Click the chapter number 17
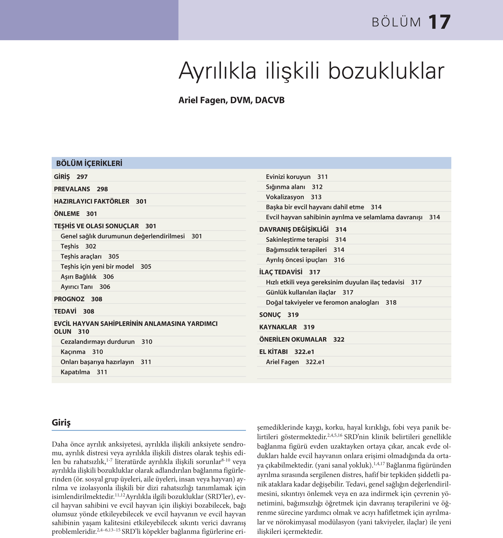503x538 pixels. tap(439, 22)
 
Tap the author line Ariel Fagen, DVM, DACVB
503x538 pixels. tap(232, 100)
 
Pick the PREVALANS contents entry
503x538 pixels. tap(72, 189)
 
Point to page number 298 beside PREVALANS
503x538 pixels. tap(102, 189)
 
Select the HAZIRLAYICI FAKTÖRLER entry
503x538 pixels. tap(91, 201)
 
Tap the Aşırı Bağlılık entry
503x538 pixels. tap(78, 277)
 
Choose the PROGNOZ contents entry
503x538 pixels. tap(69, 299)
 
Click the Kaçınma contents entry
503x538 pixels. tap(73, 352)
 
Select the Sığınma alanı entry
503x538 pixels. tap(285, 187)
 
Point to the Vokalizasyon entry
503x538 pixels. tap(285, 197)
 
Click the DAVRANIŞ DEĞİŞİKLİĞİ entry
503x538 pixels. tap(294, 229)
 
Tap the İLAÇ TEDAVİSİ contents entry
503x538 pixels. tap(281, 272)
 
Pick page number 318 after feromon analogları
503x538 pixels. tap(391, 303)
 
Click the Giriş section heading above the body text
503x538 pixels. tap(61, 422)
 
